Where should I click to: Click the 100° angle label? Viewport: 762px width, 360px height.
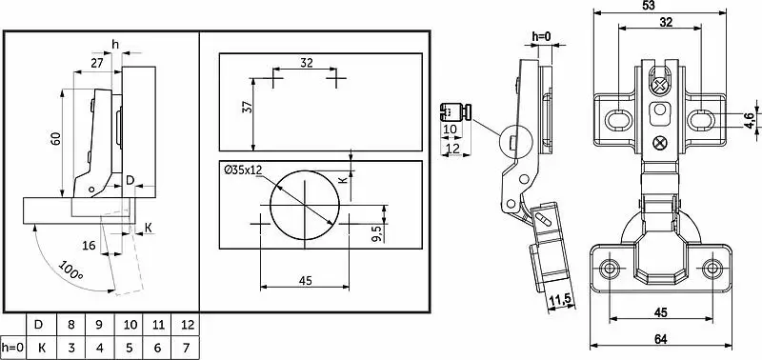click(x=71, y=270)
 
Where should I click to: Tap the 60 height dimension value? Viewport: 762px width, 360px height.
click(x=56, y=139)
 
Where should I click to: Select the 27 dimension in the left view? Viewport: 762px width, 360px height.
click(x=96, y=62)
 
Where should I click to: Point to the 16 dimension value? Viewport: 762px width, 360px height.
click(x=89, y=246)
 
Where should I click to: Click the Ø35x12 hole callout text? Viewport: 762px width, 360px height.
click(x=243, y=170)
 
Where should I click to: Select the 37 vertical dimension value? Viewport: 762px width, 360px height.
click(x=247, y=108)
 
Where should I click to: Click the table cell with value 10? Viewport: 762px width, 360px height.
click(x=130, y=325)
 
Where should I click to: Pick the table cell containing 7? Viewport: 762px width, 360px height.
click(x=185, y=348)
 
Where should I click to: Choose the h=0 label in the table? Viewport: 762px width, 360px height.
click(x=12, y=348)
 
